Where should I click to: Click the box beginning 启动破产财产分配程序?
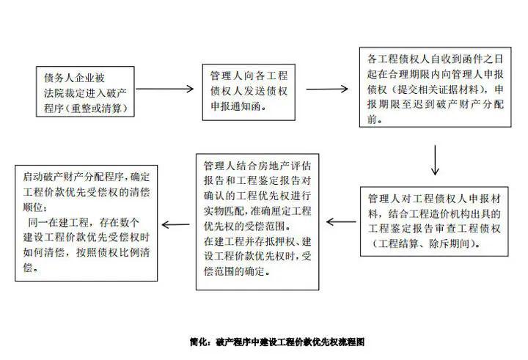click(87, 223)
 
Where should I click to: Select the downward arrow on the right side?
click(436, 158)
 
